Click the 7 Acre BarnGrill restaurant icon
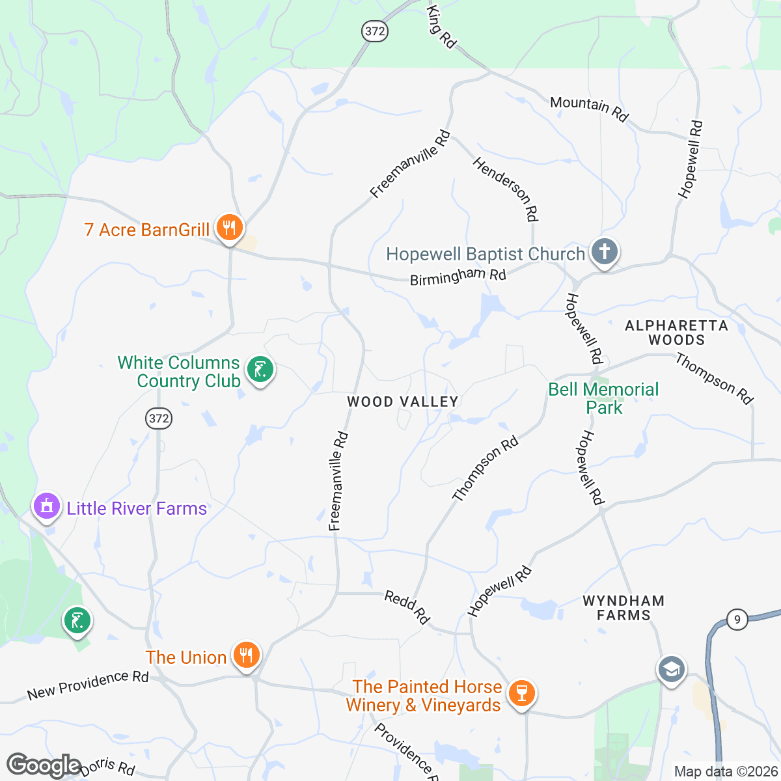click(229, 228)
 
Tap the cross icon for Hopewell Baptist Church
click(604, 252)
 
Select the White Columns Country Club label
click(179, 372)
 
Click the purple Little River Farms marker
click(46, 506)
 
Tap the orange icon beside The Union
click(247, 655)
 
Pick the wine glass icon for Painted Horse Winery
click(521, 693)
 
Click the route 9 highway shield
click(737, 619)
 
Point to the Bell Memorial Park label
click(603, 398)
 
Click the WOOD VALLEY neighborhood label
click(403, 402)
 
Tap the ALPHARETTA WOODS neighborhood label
click(676, 333)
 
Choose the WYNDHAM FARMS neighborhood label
click(623, 608)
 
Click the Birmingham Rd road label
click(458, 277)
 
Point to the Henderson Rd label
click(506, 189)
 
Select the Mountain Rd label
click(589, 108)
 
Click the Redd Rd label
click(407, 607)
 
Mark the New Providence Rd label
click(88, 685)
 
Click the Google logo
click(44, 765)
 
